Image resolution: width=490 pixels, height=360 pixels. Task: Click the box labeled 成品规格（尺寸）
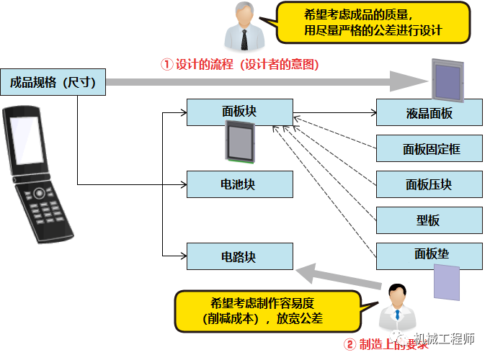pos(53,81)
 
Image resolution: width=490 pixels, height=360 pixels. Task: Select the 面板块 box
pos(239,112)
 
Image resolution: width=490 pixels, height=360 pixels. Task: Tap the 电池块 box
pos(239,184)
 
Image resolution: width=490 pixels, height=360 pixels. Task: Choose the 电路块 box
pos(239,256)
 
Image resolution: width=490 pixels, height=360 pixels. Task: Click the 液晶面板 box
pos(429,112)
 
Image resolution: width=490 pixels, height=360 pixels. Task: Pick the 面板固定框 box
pos(429,149)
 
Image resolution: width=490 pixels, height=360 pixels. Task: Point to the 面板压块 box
pos(429,184)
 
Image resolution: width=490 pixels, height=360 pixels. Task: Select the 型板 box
pos(429,220)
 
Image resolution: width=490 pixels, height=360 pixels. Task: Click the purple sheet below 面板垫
pos(446,282)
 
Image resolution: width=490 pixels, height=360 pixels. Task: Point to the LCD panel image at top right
pos(447,79)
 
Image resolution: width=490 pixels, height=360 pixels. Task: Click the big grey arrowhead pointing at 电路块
pos(309,271)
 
